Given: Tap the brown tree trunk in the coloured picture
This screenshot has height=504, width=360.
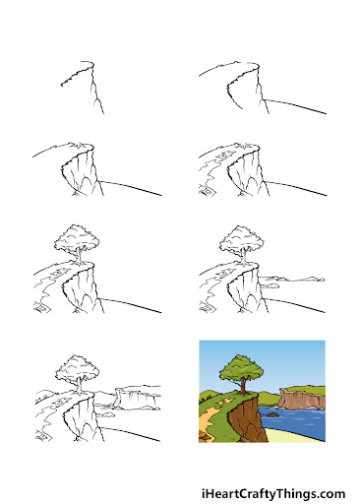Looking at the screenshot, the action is point(243,386).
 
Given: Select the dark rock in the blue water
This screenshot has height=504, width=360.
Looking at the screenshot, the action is point(271,414).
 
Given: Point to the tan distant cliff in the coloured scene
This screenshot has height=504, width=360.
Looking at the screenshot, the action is point(302,400).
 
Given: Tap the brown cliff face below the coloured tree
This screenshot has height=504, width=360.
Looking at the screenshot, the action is point(247,420).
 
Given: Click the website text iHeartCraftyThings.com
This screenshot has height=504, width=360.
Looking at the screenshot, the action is point(273,493).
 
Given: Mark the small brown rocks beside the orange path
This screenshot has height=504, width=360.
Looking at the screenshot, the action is point(204,437).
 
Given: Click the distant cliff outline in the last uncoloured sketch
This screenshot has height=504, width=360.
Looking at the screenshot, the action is point(138,397).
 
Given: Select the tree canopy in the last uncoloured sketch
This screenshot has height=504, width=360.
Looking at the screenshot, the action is point(78,367).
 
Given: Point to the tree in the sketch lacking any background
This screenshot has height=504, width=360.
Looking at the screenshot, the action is point(76,245).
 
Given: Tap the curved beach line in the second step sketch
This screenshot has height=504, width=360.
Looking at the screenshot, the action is point(295,105).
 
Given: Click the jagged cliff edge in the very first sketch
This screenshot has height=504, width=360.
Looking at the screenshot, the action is point(77,75).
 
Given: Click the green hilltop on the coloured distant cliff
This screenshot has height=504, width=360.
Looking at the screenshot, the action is point(303,390).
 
